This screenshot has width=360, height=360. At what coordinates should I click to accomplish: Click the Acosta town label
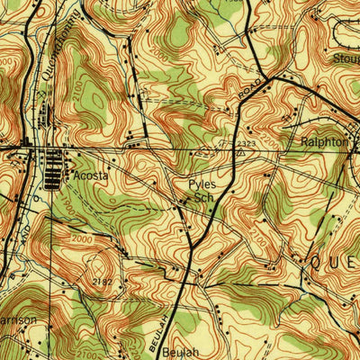pyautogui.click(x=91, y=176)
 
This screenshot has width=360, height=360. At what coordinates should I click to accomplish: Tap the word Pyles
pyautogui.click(x=202, y=184)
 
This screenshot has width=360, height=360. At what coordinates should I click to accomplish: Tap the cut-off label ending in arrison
pyautogui.click(x=18, y=319)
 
